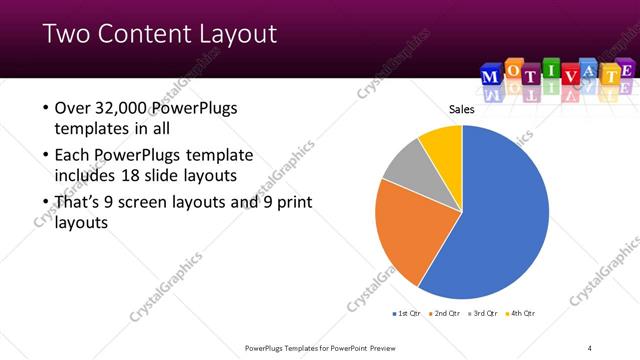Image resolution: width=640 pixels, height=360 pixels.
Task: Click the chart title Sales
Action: [461, 110]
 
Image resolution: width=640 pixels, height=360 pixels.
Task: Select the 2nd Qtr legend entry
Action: [445, 314]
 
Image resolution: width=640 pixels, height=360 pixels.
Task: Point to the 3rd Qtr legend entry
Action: [483, 314]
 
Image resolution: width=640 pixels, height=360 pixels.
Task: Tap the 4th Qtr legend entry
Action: [521, 314]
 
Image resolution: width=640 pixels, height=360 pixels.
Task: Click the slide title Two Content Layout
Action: [160, 35]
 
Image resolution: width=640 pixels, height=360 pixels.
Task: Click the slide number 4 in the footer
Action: [590, 348]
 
